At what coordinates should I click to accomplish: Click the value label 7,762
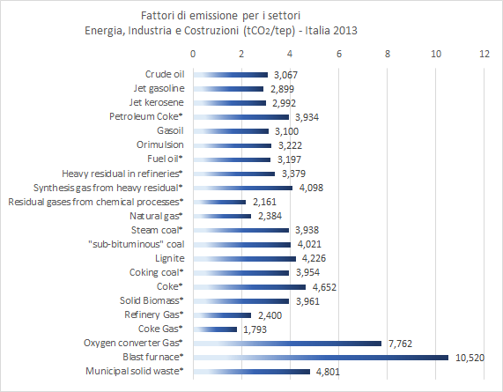(x=402, y=343)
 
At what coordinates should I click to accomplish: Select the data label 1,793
(x=257, y=329)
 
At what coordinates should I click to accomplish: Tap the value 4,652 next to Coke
(x=327, y=286)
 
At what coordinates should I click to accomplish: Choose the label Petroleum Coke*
(x=145, y=116)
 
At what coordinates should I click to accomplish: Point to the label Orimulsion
(x=160, y=144)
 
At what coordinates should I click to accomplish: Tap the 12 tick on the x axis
(x=485, y=54)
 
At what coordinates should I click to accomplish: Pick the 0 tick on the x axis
(x=193, y=54)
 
